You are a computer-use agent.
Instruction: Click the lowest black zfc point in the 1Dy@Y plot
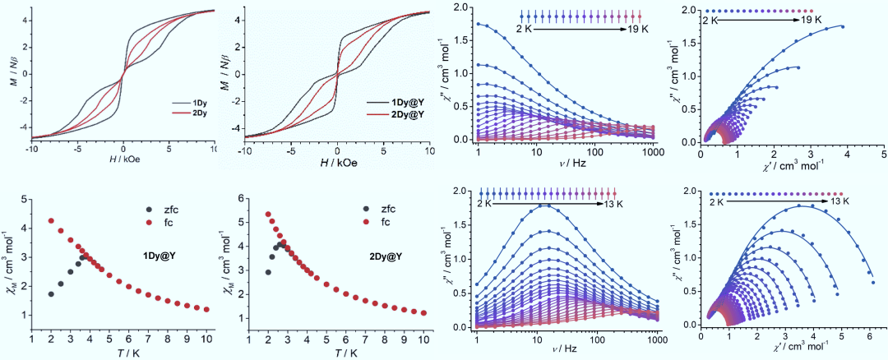tap(51, 294)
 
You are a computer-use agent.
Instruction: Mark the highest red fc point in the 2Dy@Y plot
tap(268, 215)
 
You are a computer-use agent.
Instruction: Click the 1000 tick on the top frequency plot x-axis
tap(654, 153)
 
